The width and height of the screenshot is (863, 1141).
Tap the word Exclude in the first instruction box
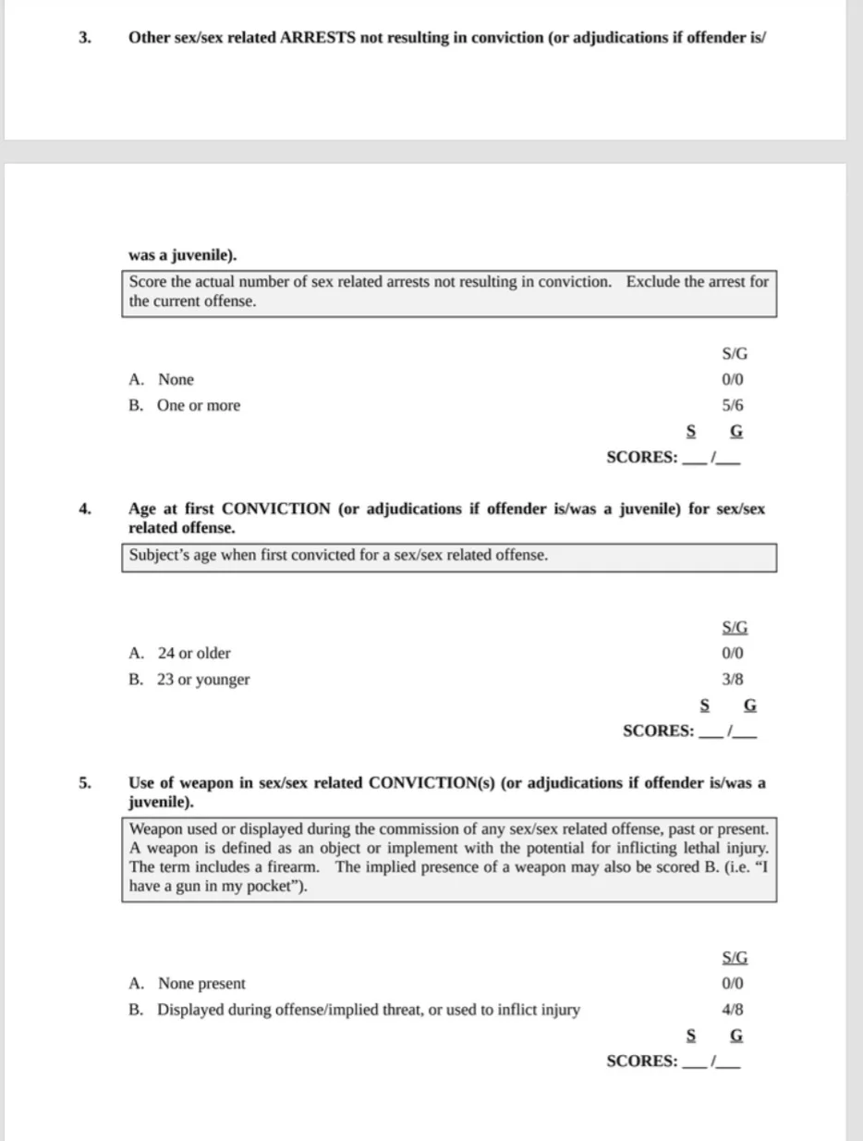click(653, 282)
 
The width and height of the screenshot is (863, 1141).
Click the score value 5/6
click(733, 405)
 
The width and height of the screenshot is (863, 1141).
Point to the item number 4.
click(85, 509)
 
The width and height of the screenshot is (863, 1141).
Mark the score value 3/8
click(733, 680)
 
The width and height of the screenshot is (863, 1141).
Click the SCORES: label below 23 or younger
click(658, 730)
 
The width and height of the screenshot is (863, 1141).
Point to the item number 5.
click(85, 783)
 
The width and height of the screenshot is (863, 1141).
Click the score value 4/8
click(733, 1010)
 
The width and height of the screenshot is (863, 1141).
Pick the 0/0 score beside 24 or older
click(733, 653)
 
